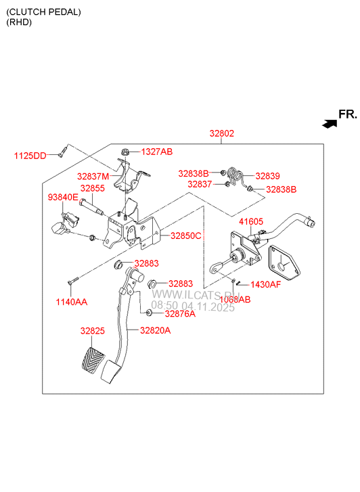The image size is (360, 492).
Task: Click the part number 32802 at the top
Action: coord(221,133)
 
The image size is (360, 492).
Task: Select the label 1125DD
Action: coord(30,156)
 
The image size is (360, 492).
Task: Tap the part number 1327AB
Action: coord(156,152)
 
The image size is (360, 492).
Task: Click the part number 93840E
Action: coord(62,197)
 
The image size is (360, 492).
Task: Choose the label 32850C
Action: coord(185,236)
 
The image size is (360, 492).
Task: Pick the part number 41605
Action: coord(251,221)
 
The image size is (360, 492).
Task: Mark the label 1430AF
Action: coord(265,285)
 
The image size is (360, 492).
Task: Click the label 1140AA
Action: coord(72,302)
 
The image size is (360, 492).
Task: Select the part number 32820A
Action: coord(155,330)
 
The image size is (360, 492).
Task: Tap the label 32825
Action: coord(92,331)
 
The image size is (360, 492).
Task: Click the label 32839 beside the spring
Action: coord(267,175)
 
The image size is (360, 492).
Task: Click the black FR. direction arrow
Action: coord(330,124)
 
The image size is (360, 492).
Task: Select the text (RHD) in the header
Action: coord(19,22)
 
